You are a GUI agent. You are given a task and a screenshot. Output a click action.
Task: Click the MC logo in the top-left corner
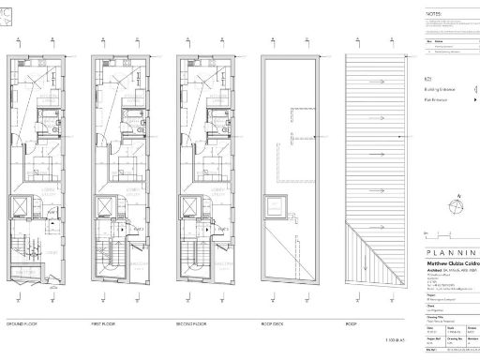pyautogui.click(x=7, y=8)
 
